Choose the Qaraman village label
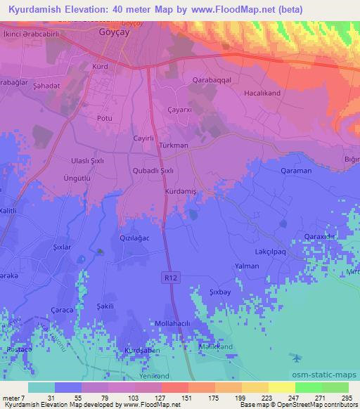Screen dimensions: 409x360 coord(295,171)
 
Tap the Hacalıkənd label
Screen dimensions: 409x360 coord(283,93)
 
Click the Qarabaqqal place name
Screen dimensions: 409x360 coord(212,80)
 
